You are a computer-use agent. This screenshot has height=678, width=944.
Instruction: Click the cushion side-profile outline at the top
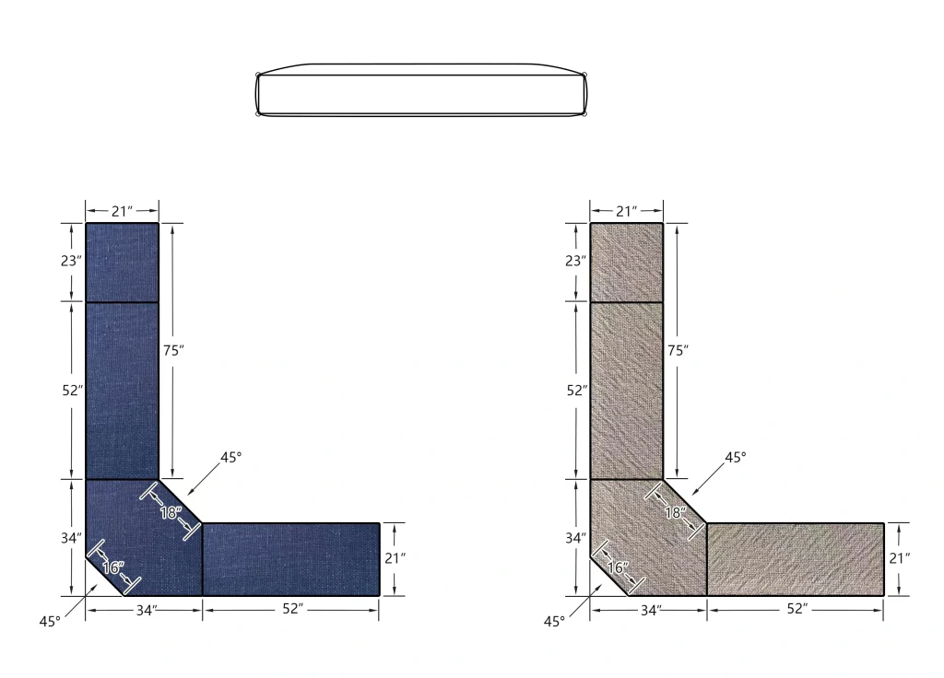422,90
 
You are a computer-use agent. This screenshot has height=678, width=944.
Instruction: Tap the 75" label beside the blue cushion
174,350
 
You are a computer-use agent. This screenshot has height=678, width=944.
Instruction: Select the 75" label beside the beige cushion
678,350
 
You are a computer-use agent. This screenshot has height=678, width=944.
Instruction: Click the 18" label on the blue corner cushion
171,512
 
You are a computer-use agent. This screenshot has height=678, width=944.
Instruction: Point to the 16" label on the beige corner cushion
616,567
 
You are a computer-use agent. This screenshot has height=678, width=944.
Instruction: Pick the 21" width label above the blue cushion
122,211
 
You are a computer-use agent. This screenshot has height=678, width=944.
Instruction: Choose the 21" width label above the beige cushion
626,211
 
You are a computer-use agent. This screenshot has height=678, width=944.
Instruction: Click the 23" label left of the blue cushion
72,261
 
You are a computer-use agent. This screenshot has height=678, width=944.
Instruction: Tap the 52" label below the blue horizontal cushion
292,609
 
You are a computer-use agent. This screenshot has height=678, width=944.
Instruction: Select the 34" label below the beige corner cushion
651,609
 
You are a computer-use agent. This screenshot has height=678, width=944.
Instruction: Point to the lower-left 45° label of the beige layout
553,622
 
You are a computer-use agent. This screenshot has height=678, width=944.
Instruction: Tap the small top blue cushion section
122,263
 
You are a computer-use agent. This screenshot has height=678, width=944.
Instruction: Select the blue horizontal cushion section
290,559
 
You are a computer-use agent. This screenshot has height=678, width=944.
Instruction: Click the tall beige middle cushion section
626,391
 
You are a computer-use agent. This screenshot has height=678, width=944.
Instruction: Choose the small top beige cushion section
626,263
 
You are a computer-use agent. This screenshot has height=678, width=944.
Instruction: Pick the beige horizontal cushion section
795,559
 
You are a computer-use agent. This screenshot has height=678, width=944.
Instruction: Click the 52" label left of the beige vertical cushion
576,390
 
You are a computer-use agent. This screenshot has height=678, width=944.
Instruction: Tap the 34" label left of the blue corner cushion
72,537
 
